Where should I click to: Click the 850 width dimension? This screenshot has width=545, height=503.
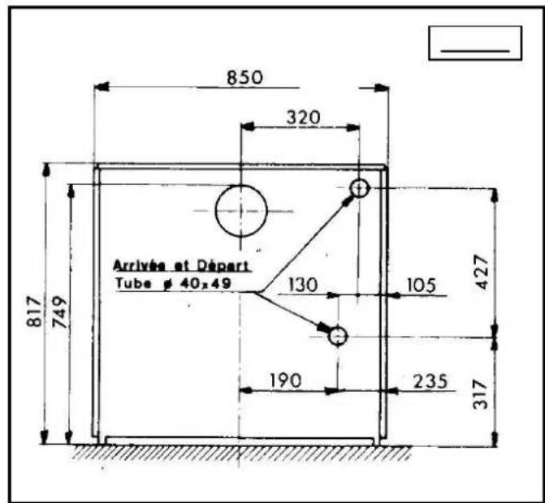click(244, 78)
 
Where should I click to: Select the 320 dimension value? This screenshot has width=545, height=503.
click(303, 118)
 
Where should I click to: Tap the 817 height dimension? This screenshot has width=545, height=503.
click(34, 311)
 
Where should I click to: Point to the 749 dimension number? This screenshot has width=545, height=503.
click(59, 312)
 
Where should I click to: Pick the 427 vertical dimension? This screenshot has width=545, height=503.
click(482, 272)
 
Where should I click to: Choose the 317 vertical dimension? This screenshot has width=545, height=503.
click(481, 394)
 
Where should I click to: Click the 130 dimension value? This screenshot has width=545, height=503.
click(303, 285)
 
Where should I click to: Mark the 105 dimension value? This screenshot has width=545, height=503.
click(421, 286)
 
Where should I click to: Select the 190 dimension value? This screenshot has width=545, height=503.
click(286, 380)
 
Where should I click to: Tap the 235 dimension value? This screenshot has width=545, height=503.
click(430, 381)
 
